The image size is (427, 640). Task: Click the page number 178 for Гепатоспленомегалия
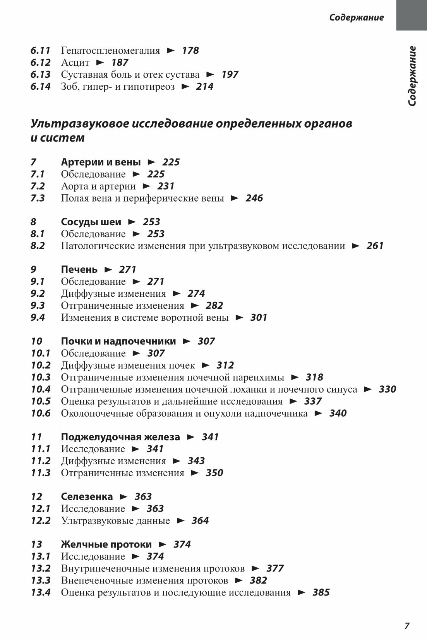tap(190, 50)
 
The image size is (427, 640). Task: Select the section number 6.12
tap(41, 62)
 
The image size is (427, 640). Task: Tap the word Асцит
tap(75, 62)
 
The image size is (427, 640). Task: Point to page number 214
tap(204, 86)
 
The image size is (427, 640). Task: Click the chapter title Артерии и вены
tap(101, 162)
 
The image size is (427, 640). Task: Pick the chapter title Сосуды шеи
tap(91, 222)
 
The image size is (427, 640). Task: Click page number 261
tap(375, 246)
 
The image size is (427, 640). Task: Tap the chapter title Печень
tap(79, 269)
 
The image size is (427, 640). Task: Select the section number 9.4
tap(38, 317)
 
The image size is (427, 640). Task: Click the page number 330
tap(387, 389)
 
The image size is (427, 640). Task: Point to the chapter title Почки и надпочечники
tap(118, 341)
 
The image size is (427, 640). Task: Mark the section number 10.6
tap(41, 413)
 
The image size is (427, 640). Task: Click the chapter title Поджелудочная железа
tap(120, 437)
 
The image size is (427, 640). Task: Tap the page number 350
tap(214, 472)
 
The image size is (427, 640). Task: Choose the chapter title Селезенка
tap(87, 496)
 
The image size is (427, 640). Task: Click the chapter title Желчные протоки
tap(106, 544)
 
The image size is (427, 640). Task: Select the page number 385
tap(321, 592)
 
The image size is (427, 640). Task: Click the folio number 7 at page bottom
tap(406, 626)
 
